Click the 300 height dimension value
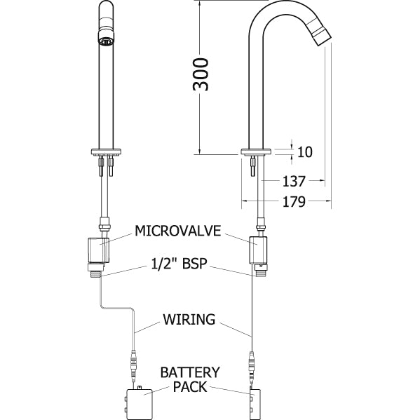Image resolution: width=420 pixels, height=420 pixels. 201,74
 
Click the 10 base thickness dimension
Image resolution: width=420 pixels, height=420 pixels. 305,152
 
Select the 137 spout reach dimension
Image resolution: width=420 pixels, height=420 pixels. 294,181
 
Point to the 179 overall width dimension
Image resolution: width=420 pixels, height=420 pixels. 294,202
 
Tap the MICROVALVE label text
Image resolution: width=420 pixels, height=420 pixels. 178,231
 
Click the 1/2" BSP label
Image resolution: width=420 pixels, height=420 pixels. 179,264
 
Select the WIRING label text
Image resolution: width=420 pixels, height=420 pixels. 189,319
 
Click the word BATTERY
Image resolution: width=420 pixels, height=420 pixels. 190,372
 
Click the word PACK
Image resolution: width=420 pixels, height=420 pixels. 190,387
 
